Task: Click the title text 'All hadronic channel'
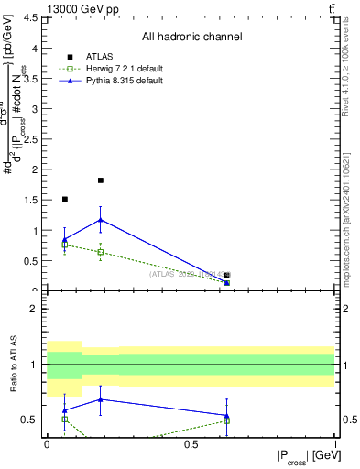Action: (x=191, y=38)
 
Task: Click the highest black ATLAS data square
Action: (x=101, y=180)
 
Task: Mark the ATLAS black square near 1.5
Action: (x=64, y=199)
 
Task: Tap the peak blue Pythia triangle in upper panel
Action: (x=101, y=220)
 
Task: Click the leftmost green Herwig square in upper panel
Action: (x=64, y=245)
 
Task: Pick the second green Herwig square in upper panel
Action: (x=101, y=252)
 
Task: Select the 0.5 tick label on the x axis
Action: (x=191, y=444)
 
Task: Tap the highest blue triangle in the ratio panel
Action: (x=101, y=399)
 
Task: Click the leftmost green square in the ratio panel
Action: (x=64, y=419)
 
